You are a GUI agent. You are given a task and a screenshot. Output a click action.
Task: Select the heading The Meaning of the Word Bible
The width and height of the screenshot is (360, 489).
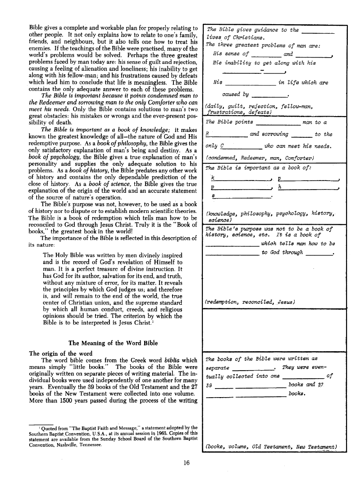tap(113, 343)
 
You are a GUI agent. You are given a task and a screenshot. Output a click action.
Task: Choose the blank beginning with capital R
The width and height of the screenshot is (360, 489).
tap(226, 134)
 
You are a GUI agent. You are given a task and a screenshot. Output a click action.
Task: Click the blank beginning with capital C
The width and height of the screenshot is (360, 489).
tap(242, 146)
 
